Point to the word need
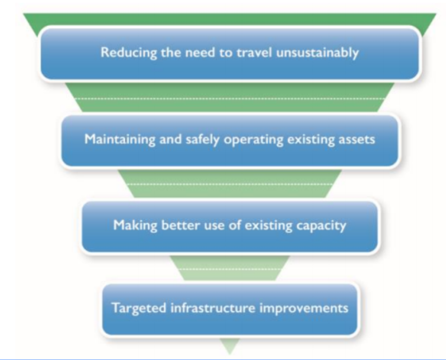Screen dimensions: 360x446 pos(190,54)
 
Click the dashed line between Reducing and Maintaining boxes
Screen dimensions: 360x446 pos(230,98)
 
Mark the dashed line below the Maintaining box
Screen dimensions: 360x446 pos(230,185)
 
